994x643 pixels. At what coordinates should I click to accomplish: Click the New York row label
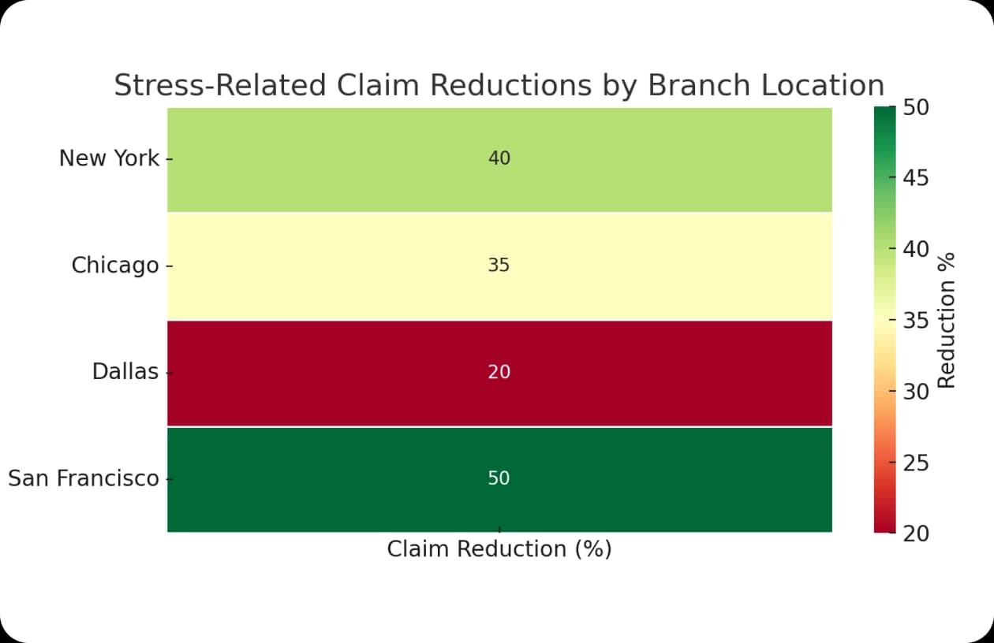pyautogui.click(x=109, y=158)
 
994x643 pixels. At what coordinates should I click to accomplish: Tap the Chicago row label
pyautogui.click(x=115, y=266)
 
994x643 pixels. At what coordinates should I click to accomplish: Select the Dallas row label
pyautogui.click(x=125, y=371)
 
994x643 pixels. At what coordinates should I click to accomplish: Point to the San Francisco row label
pyautogui.click(x=84, y=478)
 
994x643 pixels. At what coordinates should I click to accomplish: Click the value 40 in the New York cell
pyautogui.click(x=499, y=158)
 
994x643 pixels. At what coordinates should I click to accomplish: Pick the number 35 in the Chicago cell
pyautogui.click(x=499, y=265)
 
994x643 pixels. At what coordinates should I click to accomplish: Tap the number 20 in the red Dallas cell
pyautogui.click(x=499, y=372)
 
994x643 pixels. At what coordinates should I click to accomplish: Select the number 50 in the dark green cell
pyautogui.click(x=499, y=478)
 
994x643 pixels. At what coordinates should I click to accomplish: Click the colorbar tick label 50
pyautogui.click(x=916, y=108)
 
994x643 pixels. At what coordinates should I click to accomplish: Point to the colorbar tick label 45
pyautogui.click(x=916, y=178)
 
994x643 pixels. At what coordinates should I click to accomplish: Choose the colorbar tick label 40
pyautogui.click(x=916, y=249)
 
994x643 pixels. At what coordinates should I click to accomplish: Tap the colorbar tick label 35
pyautogui.click(x=916, y=321)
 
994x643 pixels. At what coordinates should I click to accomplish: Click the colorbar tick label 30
pyautogui.click(x=916, y=392)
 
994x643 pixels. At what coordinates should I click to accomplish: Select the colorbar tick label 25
pyautogui.click(x=916, y=463)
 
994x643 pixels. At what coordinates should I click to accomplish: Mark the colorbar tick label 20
pyautogui.click(x=916, y=534)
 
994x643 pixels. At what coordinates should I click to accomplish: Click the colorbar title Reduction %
pyautogui.click(x=946, y=321)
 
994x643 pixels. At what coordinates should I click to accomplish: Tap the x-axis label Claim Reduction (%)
pyautogui.click(x=499, y=549)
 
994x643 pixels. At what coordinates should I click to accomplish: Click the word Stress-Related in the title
pyautogui.click(x=220, y=85)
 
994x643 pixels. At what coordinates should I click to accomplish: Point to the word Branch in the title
pyautogui.click(x=699, y=85)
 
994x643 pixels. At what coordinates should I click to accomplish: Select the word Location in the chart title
pyautogui.click(x=823, y=85)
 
